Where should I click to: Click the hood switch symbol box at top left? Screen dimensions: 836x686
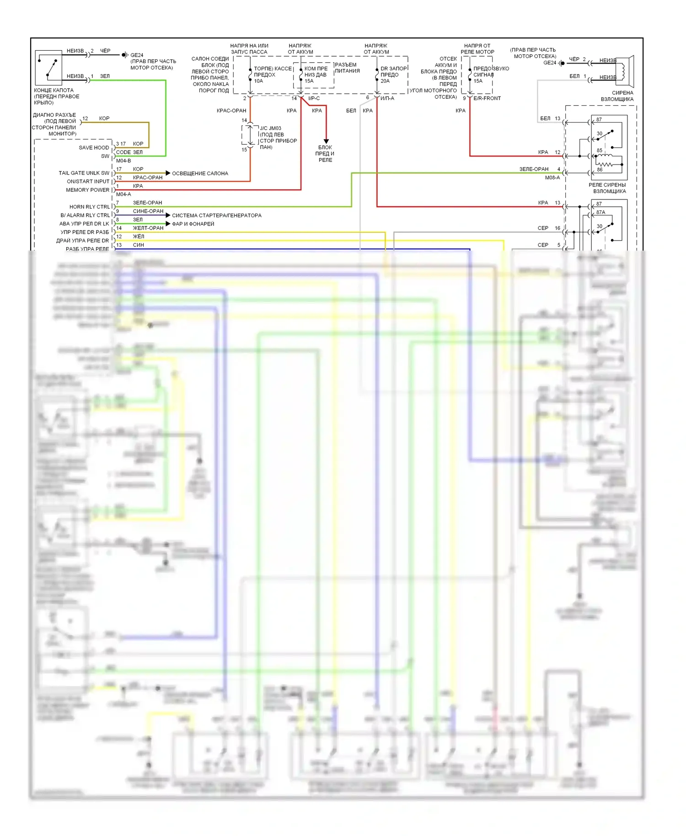coord(48,68)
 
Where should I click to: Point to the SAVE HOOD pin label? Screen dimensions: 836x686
coord(94,148)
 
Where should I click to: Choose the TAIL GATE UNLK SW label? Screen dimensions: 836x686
coord(84,173)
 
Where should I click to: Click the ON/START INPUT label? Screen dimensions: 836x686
coord(88,182)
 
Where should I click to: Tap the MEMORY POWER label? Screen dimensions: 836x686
coord(88,190)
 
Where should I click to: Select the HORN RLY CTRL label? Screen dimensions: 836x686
coord(90,207)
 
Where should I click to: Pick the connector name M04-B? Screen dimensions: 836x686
coord(123,161)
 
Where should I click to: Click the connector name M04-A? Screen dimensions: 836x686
coord(123,194)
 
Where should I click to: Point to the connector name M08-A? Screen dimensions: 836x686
coord(552,178)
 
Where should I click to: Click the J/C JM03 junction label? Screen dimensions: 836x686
coord(271,129)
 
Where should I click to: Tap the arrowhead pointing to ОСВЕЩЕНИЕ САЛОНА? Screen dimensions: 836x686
coord(168,173)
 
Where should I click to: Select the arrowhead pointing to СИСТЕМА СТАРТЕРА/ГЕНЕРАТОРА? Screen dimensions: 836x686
coord(168,215)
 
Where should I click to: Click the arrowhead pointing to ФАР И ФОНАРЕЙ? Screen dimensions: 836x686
coord(168,224)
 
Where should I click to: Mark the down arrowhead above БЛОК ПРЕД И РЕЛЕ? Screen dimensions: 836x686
coord(326,141)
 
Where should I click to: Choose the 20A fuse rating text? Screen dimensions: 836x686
coord(385,81)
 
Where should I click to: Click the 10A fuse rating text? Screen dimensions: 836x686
coord(258,81)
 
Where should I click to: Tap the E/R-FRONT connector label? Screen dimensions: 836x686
coord(487,98)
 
